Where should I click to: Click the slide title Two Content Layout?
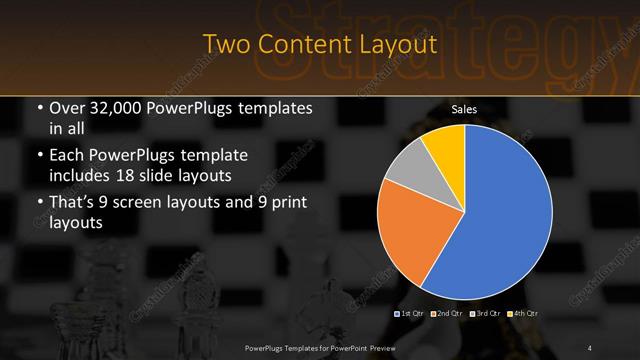320,45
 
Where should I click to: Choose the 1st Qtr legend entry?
412,315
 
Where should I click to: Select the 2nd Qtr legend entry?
448,315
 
